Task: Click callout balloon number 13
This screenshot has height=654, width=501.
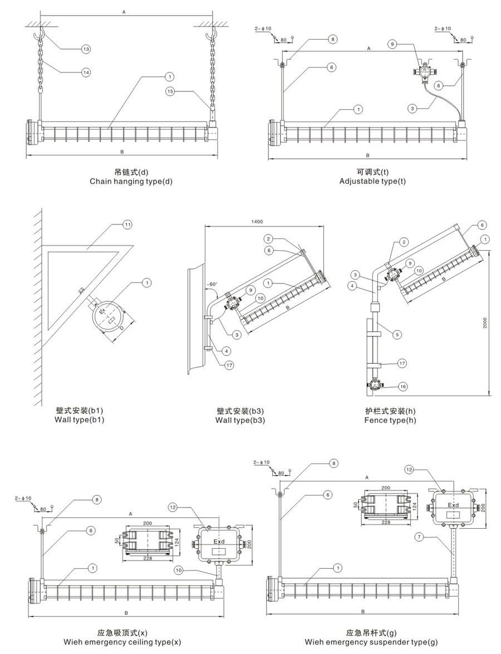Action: [x=86, y=49]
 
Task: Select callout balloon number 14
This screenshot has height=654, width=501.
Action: [x=86, y=72]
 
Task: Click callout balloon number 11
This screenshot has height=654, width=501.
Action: [x=127, y=224]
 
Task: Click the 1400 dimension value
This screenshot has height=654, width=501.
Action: [x=258, y=222]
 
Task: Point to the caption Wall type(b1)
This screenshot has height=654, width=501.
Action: [x=80, y=419]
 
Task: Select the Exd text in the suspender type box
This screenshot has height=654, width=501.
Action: [x=454, y=506]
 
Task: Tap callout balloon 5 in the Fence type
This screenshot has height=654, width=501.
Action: [x=397, y=335]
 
